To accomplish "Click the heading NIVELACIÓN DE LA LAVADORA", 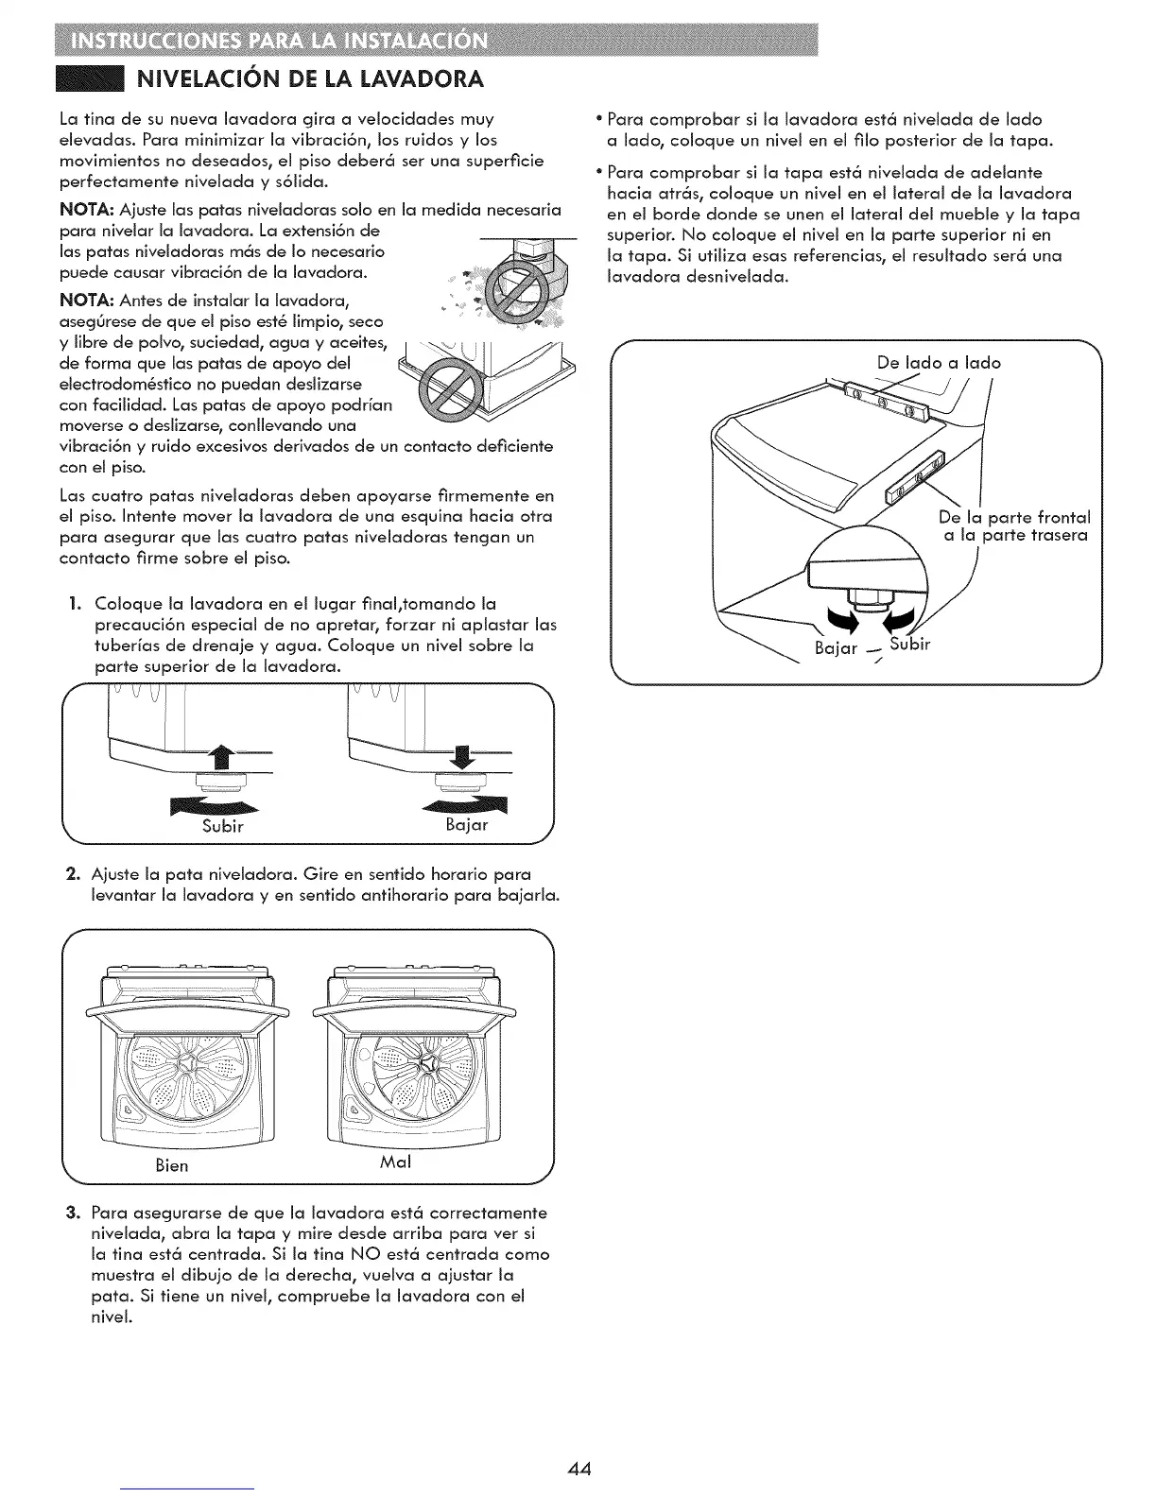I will pos(311,77).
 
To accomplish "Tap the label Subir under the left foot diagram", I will pos(224,826).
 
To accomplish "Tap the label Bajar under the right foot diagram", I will pos(467,824).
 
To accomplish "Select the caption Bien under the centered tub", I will pos(171,1165).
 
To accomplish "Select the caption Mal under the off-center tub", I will pos(395,1161).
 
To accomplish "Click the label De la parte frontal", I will pos(1014,517).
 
